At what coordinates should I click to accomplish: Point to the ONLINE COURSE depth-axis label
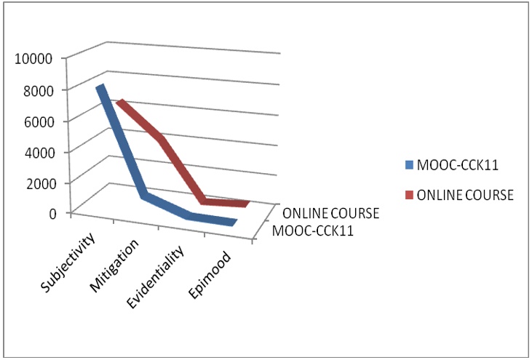point(331,214)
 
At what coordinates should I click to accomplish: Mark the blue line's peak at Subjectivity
point(101,87)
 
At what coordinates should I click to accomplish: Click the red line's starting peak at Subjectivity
point(120,103)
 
